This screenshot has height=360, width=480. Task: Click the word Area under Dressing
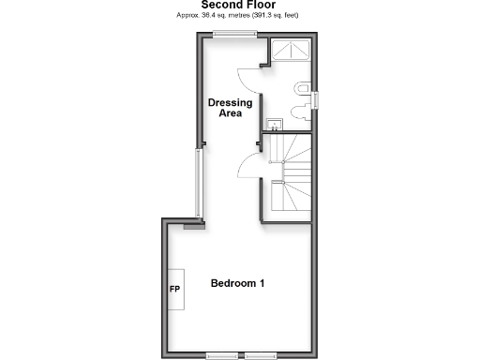click(x=230, y=113)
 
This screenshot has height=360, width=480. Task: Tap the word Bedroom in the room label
click(x=231, y=283)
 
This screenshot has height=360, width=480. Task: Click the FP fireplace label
click(x=174, y=289)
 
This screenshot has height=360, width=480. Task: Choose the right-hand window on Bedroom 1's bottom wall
click(x=261, y=354)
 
